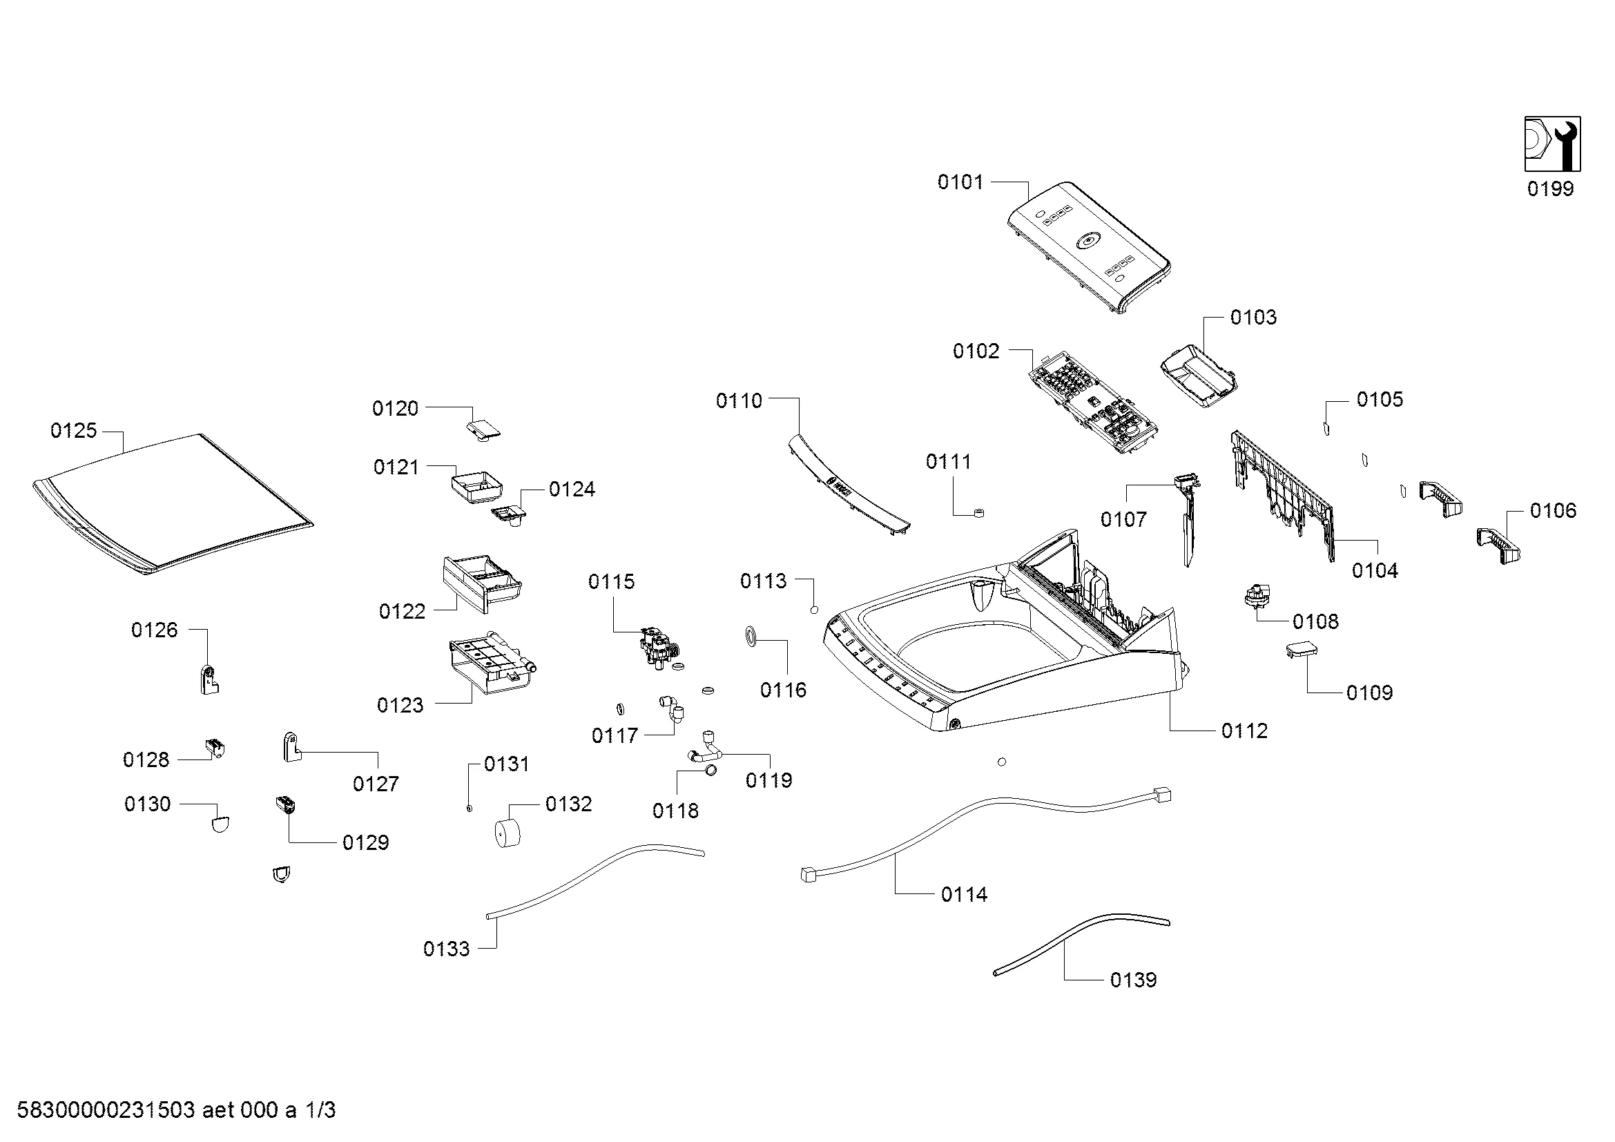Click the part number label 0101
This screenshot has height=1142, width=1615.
960,182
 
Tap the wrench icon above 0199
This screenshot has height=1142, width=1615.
1552,144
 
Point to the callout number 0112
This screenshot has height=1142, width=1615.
1244,731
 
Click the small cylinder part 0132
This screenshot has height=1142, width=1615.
508,833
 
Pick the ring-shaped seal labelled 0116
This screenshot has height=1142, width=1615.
751,637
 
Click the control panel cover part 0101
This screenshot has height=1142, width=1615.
1089,246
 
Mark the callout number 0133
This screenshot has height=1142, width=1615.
446,949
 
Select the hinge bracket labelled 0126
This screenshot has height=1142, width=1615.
209,679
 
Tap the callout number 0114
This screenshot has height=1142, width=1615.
964,894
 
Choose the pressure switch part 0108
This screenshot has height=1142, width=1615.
1256,596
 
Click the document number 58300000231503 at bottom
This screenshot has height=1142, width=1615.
106,1110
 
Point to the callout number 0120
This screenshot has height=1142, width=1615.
395,409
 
